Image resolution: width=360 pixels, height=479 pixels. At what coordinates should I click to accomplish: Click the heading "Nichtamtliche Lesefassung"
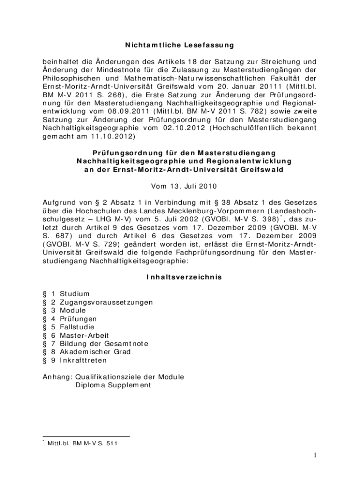[x=179, y=45]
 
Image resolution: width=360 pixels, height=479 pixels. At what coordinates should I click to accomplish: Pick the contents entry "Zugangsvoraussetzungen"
[x=106, y=302]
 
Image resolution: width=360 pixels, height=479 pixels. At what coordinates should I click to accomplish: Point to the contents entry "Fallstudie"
[x=77, y=327]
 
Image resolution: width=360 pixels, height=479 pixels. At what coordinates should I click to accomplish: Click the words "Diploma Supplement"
[x=113, y=385]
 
